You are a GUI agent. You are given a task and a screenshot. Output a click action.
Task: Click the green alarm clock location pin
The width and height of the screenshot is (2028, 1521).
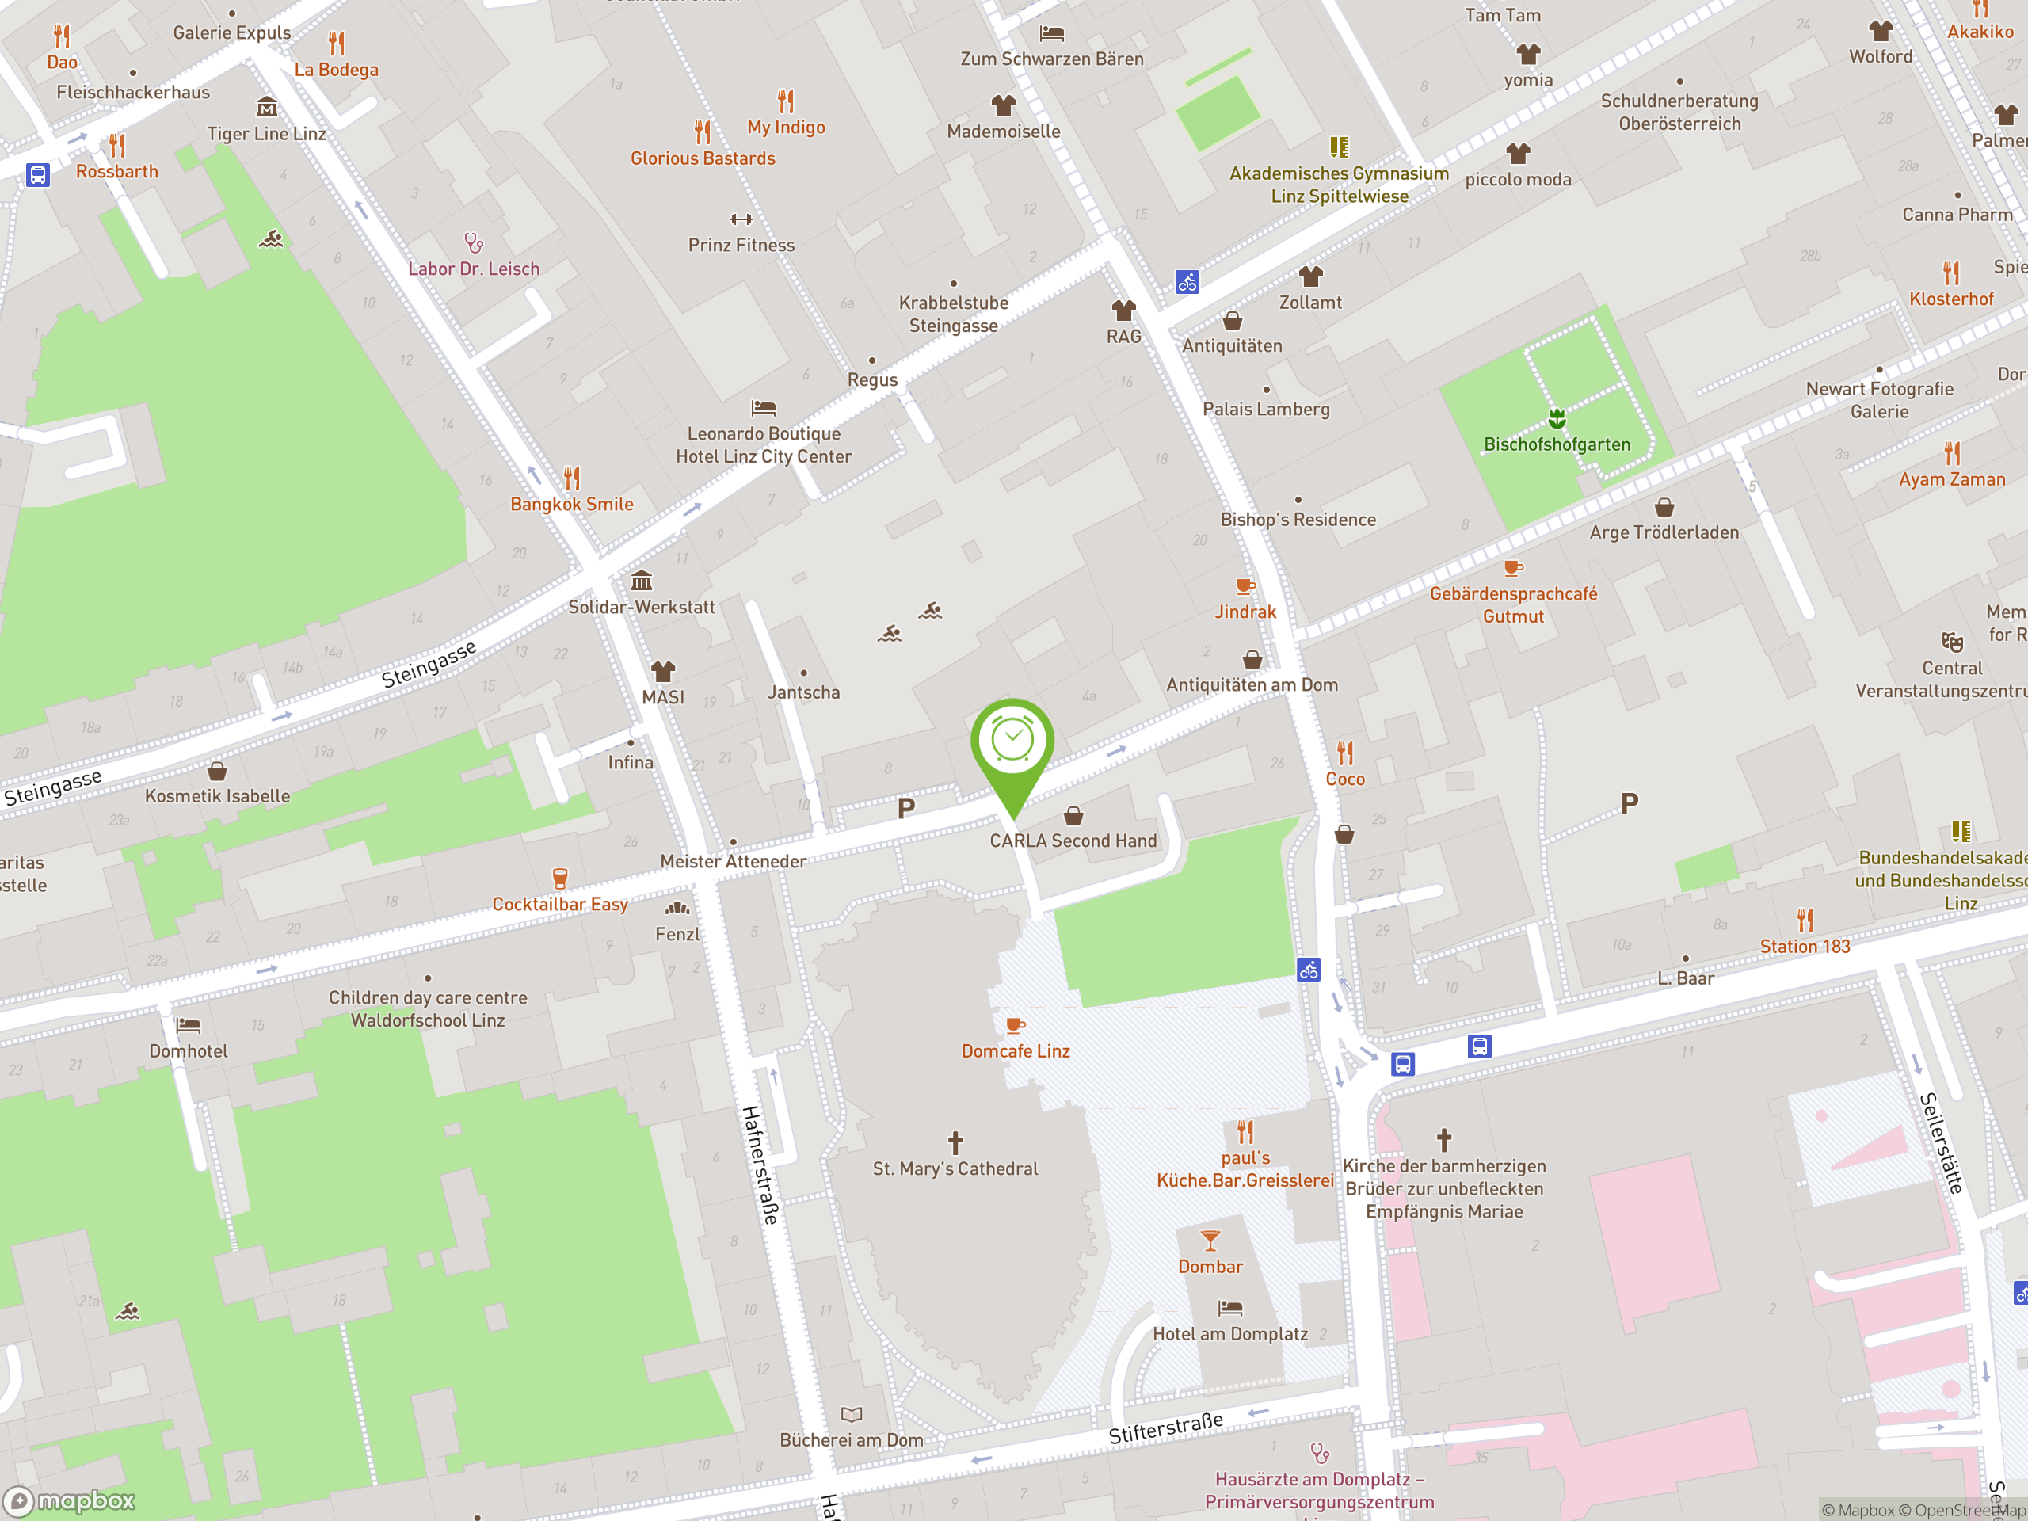1012,741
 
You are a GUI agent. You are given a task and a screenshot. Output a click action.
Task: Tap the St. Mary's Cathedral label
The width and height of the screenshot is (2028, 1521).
955,1168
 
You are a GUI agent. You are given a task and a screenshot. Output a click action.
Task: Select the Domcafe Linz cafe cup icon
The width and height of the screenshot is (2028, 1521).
1014,1025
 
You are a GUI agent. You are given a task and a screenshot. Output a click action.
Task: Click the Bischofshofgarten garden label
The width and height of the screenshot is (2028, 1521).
1557,444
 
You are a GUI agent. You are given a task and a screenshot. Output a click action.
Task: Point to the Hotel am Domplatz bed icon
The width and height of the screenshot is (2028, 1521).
1229,1307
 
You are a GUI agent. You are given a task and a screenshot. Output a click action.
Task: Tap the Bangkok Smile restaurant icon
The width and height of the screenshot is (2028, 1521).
571,478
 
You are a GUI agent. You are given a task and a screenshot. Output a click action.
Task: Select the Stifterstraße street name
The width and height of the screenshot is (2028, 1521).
1165,1428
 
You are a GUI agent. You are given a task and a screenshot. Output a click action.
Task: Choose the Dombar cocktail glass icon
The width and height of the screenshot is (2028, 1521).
1210,1241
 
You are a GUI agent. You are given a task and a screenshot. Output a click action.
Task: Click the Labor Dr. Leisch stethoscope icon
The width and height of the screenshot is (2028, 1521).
473,243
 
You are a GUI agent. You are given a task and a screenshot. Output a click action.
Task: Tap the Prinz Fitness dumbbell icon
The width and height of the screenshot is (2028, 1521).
741,219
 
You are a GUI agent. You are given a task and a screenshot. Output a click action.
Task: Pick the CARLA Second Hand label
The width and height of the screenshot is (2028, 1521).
1073,841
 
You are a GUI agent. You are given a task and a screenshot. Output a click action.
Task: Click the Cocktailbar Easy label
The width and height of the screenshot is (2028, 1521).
559,904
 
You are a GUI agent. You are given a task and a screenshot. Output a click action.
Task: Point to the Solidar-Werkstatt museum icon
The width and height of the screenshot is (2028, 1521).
641,581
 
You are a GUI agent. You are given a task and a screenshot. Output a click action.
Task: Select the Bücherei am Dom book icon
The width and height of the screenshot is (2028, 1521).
851,1415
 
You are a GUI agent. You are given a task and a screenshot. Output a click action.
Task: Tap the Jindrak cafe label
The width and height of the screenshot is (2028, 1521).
1245,612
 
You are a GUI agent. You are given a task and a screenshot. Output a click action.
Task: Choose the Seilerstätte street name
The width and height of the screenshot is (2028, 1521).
1942,1142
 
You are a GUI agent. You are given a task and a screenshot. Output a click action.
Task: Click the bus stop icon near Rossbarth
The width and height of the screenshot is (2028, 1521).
37,174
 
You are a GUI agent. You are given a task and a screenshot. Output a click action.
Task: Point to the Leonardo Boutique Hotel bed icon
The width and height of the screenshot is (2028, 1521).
763,407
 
